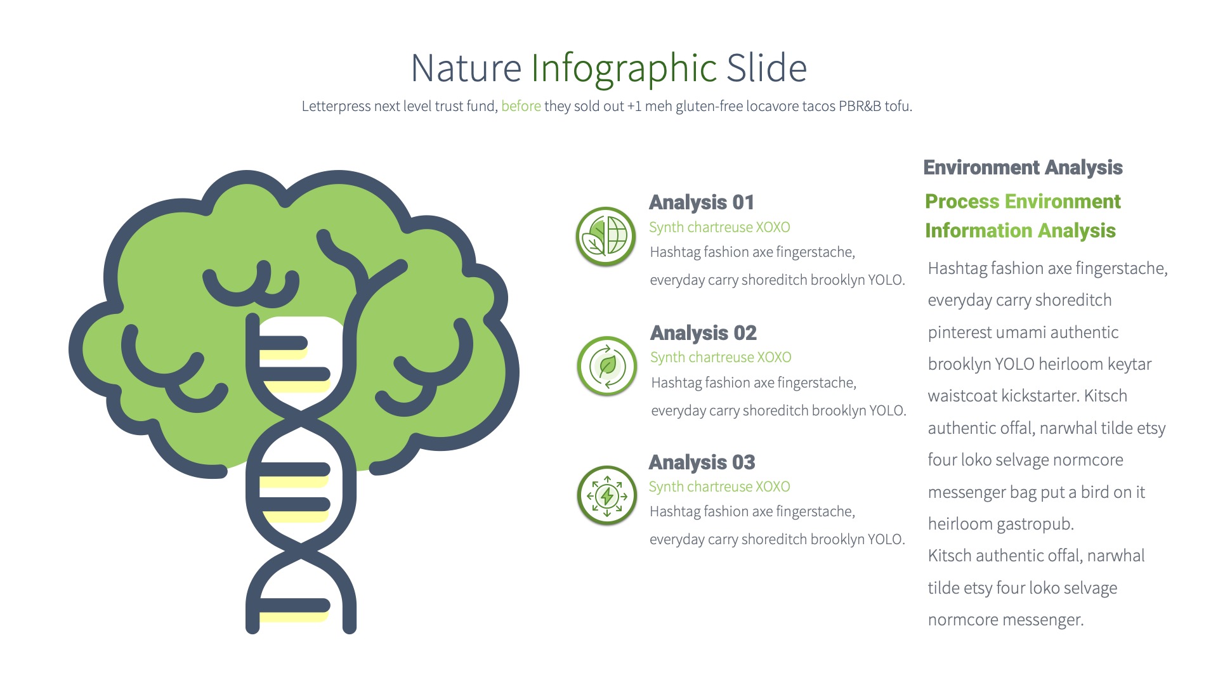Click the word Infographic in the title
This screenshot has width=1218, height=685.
pyautogui.click(x=624, y=68)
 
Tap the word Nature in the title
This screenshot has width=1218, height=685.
pyautogui.click(x=466, y=68)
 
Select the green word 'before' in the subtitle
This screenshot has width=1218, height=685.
pyautogui.click(x=521, y=107)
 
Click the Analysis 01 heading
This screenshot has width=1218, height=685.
pyautogui.click(x=702, y=202)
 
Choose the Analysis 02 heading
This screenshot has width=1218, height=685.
pyautogui.click(x=704, y=333)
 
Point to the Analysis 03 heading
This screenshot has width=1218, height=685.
pyautogui.click(x=702, y=462)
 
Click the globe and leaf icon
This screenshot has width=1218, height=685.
pyautogui.click(x=606, y=237)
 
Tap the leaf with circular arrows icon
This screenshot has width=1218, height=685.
pyautogui.click(x=607, y=366)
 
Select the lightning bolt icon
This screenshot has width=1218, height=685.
pyautogui.click(x=607, y=496)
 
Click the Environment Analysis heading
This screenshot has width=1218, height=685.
pyautogui.click(x=1023, y=167)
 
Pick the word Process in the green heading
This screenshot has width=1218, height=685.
pyautogui.click(x=962, y=202)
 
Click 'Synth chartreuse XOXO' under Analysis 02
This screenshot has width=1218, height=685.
pyautogui.click(x=721, y=358)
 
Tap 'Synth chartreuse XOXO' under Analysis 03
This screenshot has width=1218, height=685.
pyautogui.click(x=719, y=487)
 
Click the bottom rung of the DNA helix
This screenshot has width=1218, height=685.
pyautogui.click(x=294, y=607)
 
